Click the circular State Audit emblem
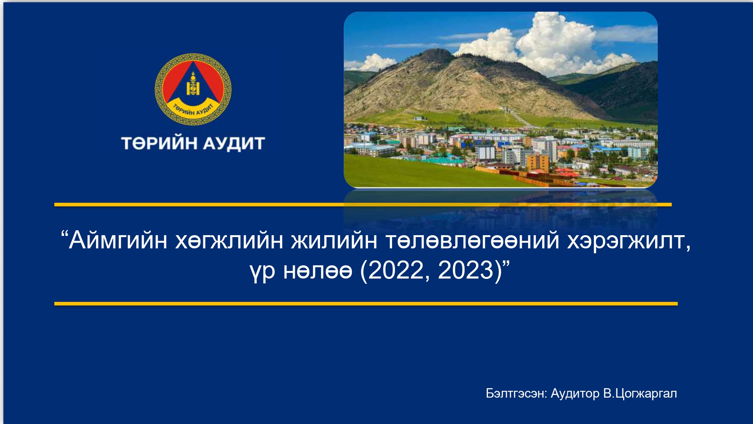coord(193,89)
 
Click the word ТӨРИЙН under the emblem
coord(159,143)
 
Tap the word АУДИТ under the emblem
coord(234,144)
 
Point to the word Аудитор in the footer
coord(575,393)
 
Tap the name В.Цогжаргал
coord(640,393)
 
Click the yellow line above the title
coord(363,205)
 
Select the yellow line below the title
coord(366,304)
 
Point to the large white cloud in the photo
coord(553,41)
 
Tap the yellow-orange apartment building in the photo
coord(537,162)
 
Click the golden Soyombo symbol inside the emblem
coord(193,84)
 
